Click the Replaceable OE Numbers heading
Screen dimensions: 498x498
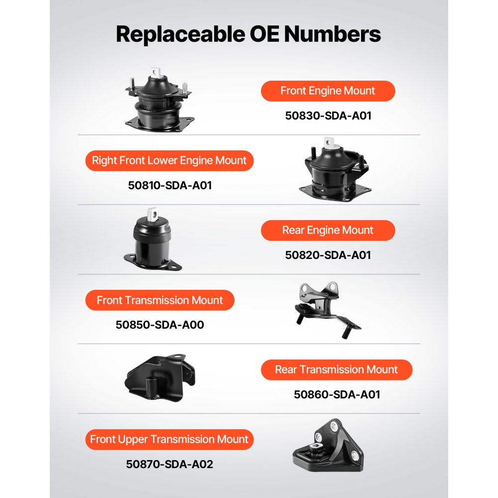tap(249, 34)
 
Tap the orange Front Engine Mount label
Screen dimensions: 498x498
tap(328, 91)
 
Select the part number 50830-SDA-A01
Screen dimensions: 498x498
tap(328, 116)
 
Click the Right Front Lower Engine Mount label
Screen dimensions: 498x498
tap(169, 161)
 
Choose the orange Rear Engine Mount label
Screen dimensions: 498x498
tap(328, 231)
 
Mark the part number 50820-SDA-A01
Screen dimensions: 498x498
tap(328, 255)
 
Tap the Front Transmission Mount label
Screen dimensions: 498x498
tap(159, 300)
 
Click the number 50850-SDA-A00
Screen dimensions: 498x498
tap(160, 325)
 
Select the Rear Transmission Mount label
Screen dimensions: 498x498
tap(337, 370)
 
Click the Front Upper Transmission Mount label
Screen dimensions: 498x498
tap(169, 440)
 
